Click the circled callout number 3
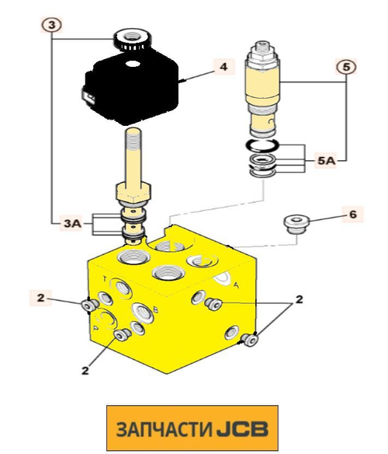click(51, 25)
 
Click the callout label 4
click(223, 67)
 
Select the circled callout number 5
click(346, 67)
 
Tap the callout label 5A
click(327, 161)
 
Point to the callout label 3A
click(72, 224)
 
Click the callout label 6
click(353, 215)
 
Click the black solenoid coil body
click(132, 87)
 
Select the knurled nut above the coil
click(133, 40)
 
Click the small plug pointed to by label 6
click(296, 224)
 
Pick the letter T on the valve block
click(106, 279)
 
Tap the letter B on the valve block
click(155, 310)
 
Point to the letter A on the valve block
click(236, 285)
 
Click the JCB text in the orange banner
click(242, 429)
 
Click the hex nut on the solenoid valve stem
click(133, 192)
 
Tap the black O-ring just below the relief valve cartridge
click(262, 145)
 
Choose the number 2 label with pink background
click(41, 298)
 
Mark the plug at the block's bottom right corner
click(249, 340)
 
